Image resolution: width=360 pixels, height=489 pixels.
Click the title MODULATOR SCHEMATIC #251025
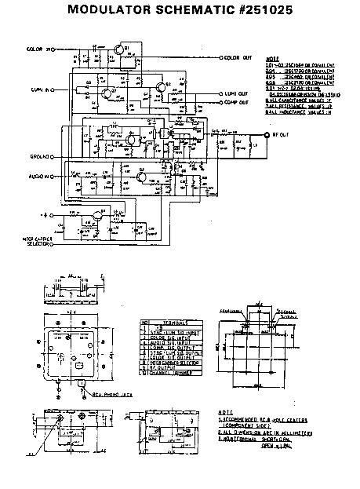point(180,12)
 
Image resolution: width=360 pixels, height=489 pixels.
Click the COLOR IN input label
point(35,49)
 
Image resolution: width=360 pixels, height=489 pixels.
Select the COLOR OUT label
point(238,57)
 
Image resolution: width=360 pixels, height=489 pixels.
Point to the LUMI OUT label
point(235,93)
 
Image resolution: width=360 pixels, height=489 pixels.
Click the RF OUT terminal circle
point(289,135)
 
